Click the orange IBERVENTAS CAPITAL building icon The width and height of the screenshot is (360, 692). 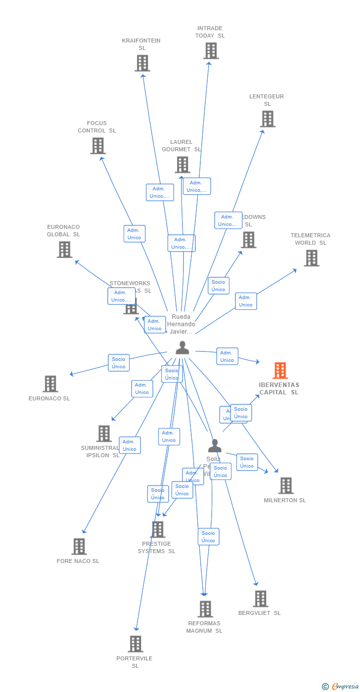[x=280, y=371]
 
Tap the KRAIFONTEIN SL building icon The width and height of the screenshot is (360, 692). [x=142, y=63]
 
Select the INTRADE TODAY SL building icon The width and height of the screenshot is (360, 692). [x=211, y=51]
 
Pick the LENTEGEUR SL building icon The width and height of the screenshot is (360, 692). [x=268, y=119]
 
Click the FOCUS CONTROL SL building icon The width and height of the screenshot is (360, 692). [x=98, y=146]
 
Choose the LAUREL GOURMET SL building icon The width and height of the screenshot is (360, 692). [x=182, y=165]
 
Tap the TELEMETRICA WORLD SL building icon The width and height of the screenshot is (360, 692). [x=312, y=258]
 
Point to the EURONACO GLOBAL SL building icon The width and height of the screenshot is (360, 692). [x=64, y=250]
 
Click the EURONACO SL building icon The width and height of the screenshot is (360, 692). [x=50, y=384]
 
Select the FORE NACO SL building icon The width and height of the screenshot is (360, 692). [x=79, y=547]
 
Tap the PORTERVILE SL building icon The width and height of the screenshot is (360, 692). [x=135, y=644]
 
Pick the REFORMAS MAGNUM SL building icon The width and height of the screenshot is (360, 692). [x=205, y=609]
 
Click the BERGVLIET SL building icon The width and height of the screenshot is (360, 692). [x=260, y=599]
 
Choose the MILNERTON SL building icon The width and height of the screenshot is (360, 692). [x=286, y=486]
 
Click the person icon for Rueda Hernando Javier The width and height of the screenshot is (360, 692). [x=182, y=348]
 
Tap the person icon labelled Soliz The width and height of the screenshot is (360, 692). [x=215, y=446]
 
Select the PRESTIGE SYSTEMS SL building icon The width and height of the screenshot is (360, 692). [x=158, y=529]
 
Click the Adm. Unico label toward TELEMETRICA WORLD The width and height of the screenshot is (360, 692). [x=246, y=301]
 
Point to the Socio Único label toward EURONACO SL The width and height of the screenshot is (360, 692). [x=119, y=363]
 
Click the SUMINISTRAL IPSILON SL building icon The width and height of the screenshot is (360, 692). [x=104, y=433]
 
